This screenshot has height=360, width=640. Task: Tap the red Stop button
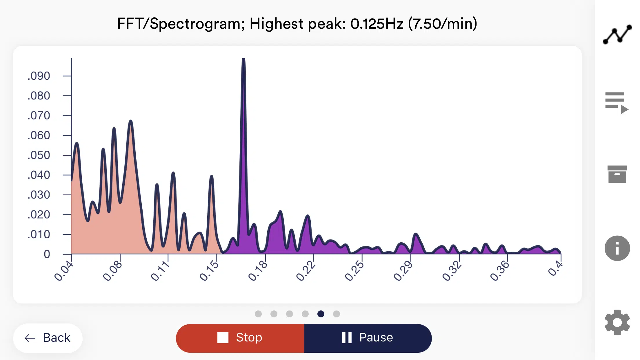240,338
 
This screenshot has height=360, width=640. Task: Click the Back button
48,338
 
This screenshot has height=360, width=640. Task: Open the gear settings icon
617,322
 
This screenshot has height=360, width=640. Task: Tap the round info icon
617,248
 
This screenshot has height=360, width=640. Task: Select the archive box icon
617,174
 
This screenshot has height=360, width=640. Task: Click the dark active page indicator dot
321,314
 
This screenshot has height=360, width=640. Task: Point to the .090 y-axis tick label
39,76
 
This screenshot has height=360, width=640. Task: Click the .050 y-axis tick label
39,155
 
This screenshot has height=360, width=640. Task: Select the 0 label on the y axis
47,254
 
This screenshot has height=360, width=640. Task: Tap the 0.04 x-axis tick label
63,271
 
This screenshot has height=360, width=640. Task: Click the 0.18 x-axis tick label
257,271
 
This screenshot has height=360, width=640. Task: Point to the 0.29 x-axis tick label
403,271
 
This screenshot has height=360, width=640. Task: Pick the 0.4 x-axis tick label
555,268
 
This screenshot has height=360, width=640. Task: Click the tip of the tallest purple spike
243,60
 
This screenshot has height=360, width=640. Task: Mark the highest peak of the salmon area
131,121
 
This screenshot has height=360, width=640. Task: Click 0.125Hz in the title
377,24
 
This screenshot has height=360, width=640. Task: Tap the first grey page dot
258,314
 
